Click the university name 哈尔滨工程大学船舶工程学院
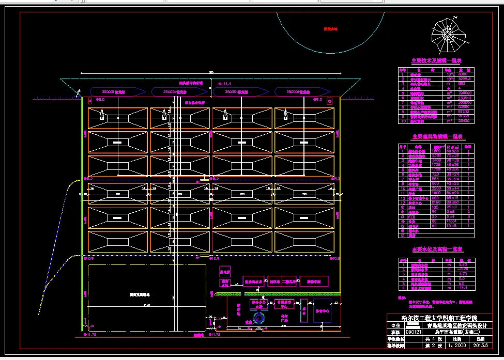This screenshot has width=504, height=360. (x=439, y=317)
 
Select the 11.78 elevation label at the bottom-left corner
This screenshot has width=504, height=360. (x=90, y=335)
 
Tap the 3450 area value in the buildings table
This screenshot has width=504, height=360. (x=437, y=161)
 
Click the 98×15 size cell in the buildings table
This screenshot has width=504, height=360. (x=453, y=197)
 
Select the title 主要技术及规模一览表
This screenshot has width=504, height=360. (x=436, y=61)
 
